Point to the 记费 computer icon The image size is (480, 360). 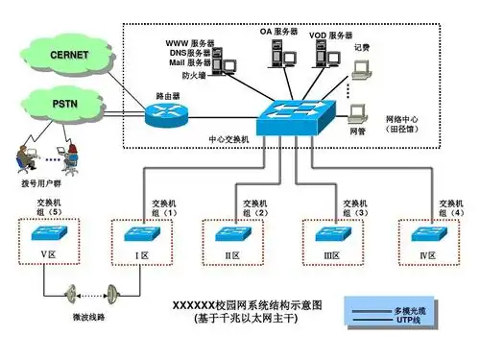(362, 69)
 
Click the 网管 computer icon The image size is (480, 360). (359, 112)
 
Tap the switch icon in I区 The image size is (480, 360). (140, 233)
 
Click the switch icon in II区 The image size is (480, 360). (231, 233)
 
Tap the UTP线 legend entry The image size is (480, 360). (409, 323)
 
